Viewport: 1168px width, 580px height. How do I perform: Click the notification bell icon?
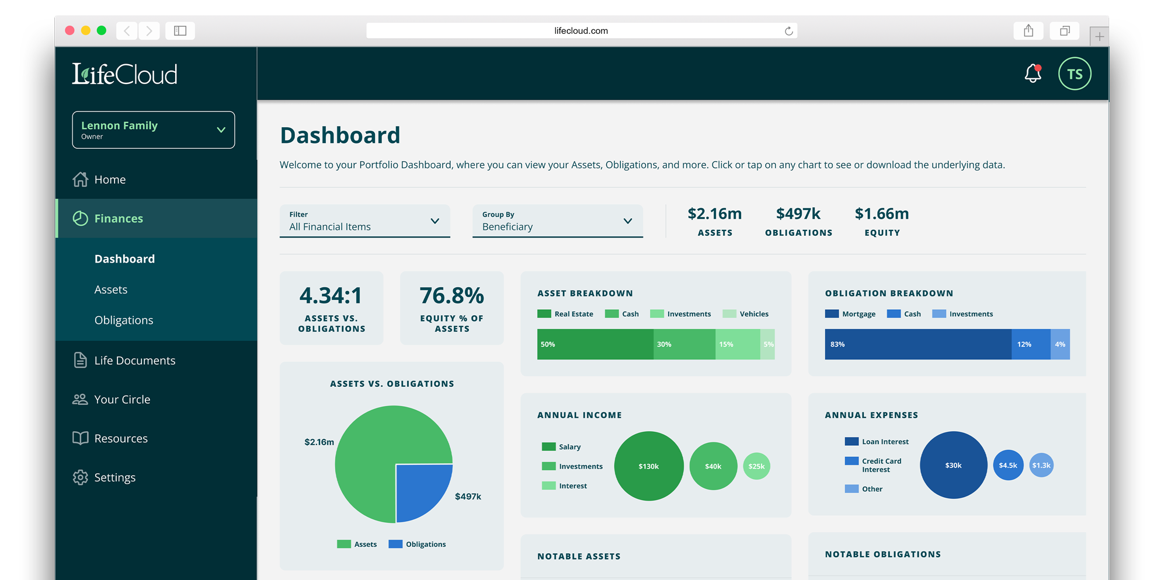pyautogui.click(x=1033, y=74)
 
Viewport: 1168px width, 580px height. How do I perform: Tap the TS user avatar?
pyautogui.click(x=1075, y=74)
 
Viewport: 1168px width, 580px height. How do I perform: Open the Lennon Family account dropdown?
pyautogui.click(x=154, y=130)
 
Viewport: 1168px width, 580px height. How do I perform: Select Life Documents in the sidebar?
pyautogui.click(x=134, y=361)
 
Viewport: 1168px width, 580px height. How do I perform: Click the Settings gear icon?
pyautogui.click(x=81, y=477)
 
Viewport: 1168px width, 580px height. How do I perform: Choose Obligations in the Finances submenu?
pyautogui.click(x=124, y=320)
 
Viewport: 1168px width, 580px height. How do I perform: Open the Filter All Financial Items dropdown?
pyautogui.click(x=364, y=221)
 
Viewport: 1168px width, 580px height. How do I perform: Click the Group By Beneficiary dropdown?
pyautogui.click(x=557, y=221)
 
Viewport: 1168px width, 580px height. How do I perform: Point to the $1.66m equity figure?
pyautogui.click(x=882, y=214)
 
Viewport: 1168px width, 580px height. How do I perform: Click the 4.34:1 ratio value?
pyautogui.click(x=331, y=296)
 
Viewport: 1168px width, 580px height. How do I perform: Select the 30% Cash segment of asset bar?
pyautogui.click(x=684, y=344)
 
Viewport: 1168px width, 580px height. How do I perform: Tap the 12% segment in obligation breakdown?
pyautogui.click(x=1030, y=344)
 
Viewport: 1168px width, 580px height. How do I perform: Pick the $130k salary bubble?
pyautogui.click(x=649, y=466)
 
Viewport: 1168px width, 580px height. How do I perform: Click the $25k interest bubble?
pyautogui.click(x=756, y=466)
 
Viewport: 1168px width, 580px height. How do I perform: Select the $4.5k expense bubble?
pyautogui.click(x=1008, y=465)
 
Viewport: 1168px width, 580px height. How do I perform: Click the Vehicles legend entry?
pyautogui.click(x=746, y=314)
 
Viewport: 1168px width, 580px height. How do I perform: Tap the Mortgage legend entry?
pyautogui.click(x=850, y=314)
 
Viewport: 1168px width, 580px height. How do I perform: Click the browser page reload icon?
pyautogui.click(x=788, y=31)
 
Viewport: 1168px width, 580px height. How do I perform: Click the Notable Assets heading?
pyautogui.click(x=579, y=557)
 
